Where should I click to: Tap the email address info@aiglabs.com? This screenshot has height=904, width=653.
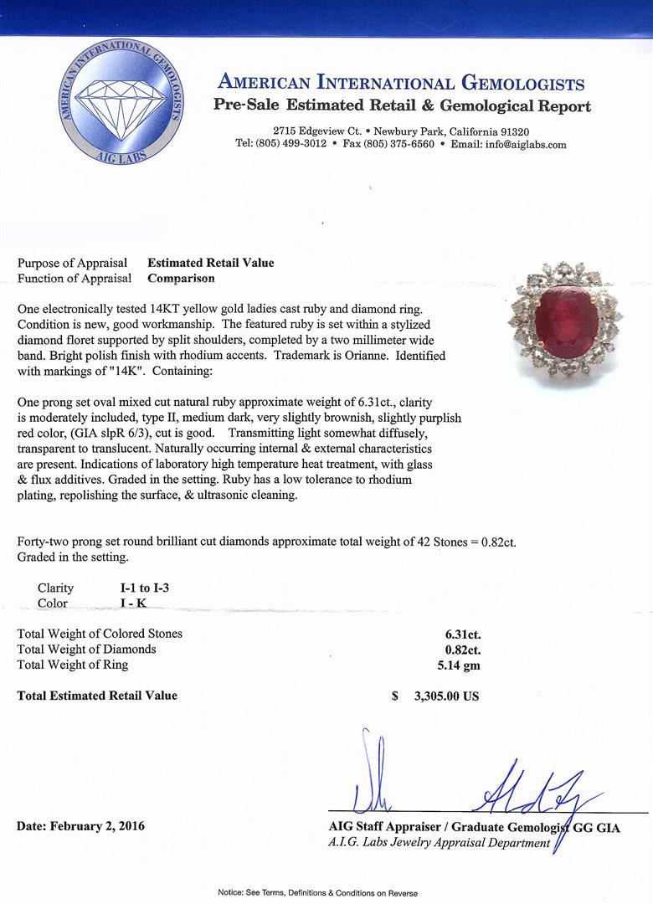(508, 144)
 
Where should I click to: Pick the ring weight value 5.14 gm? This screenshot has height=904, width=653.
(454, 665)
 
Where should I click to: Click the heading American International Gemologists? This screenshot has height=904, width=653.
(400, 83)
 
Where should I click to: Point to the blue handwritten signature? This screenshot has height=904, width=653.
(536, 791)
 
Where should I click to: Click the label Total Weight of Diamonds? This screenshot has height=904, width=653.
(87, 650)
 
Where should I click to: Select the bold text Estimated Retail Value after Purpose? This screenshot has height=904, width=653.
(211, 263)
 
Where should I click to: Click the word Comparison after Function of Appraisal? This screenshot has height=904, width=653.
(181, 279)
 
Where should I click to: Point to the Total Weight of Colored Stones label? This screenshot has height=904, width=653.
(100, 634)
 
